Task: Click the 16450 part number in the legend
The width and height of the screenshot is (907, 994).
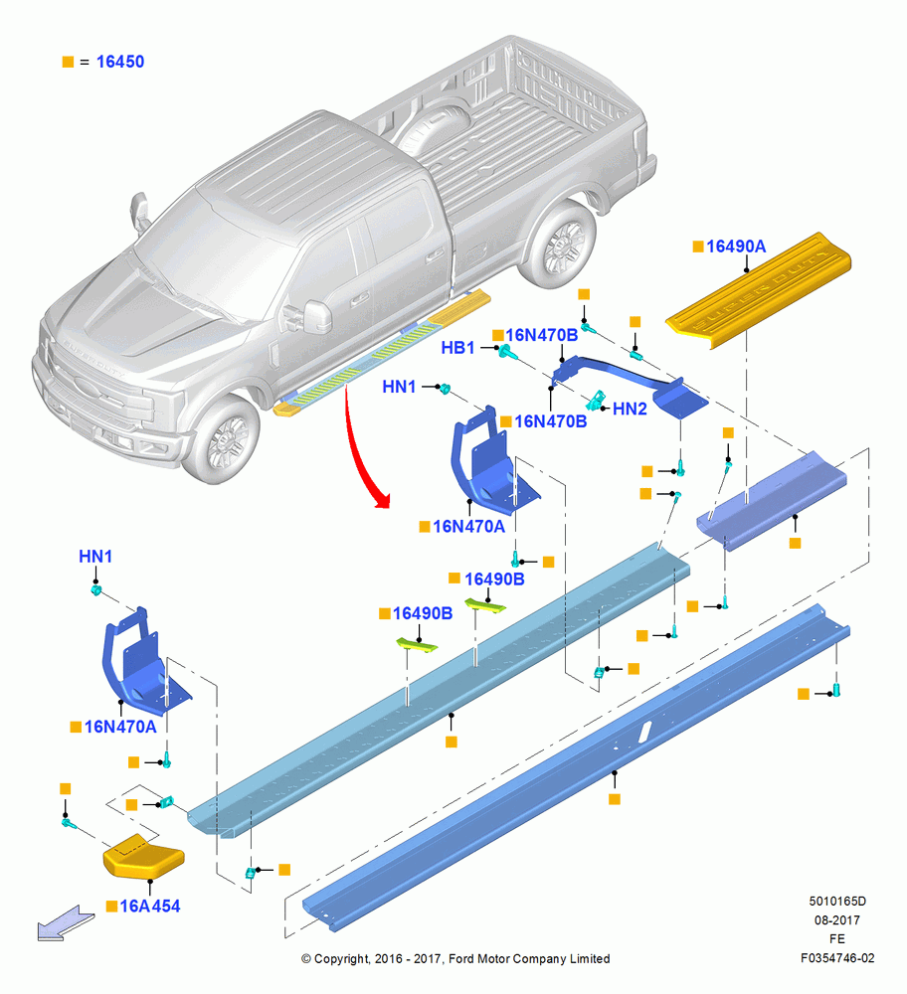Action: (x=120, y=62)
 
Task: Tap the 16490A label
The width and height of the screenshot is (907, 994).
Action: (x=736, y=247)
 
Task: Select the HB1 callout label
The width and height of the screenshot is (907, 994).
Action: (x=457, y=347)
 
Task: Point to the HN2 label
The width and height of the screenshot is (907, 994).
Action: (x=630, y=409)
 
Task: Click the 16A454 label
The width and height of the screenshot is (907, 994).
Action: (x=150, y=906)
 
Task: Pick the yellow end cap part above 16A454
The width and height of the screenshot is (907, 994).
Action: (x=144, y=857)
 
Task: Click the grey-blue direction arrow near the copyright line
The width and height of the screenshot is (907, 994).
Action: (x=66, y=923)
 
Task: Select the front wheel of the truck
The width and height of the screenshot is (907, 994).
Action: (x=222, y=439)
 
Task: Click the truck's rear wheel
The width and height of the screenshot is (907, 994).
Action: (x=560, y=245)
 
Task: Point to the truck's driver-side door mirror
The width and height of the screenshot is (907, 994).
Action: (x=316, y=317)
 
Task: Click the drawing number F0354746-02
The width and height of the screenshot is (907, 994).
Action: (x=837, y=958)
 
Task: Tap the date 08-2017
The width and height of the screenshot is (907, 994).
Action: (x=837, y=919)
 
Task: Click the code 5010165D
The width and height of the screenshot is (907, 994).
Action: (x=837, y=901)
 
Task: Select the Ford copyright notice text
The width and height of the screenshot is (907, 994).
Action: (x=455, y=958)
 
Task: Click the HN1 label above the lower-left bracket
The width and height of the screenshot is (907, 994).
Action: (x=95, y=556)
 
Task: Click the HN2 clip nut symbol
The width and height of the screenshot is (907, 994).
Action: (x=595, y=400)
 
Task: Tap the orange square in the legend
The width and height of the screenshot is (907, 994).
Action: (x=68, y=62)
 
